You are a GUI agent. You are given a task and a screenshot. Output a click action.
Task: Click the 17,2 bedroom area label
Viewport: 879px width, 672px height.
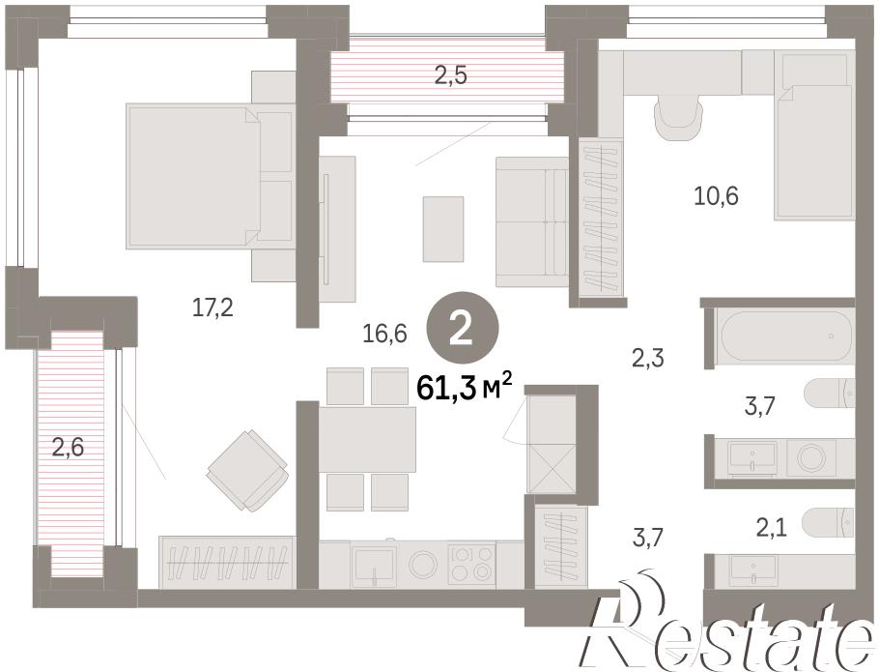click(x=213, y=307)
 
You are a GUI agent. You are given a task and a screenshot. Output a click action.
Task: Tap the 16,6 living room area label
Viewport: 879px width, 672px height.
click(x=384, y=334)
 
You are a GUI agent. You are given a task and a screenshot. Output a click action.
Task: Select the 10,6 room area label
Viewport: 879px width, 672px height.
click(x=716, y=195)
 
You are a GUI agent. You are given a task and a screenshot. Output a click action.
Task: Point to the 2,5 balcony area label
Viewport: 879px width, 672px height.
click(x=451, y=74)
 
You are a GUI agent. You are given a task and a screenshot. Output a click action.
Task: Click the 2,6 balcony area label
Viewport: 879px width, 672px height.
click(x=68, y=448)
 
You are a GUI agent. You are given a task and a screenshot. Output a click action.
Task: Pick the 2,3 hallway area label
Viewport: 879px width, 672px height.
click(x=648, y=358)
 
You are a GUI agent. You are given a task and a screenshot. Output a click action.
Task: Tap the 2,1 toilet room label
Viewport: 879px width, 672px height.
click(x=772, y=527)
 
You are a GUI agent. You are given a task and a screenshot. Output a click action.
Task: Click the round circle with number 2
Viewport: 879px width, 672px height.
click(x=463, y=333)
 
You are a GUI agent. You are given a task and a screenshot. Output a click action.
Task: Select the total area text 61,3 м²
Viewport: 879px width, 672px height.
click(x=465, y=387)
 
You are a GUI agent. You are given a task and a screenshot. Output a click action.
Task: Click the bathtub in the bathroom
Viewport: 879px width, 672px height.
click(x=787, y=337)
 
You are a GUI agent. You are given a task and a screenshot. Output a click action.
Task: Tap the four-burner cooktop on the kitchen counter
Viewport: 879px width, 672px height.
click(x=471, y=564)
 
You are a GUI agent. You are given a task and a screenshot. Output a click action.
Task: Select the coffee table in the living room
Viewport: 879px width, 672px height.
click(x=443, y=229)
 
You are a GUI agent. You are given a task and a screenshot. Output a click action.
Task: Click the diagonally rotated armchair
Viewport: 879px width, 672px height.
click(x=247, y=470)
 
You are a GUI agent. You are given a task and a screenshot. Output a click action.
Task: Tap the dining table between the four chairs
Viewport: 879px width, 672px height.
click(x=367, y=439)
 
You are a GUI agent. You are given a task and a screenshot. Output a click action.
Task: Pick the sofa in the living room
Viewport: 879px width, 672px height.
click(x=532, y=221)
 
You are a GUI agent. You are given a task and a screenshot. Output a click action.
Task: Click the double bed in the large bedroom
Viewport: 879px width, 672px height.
click(x=211, y=176)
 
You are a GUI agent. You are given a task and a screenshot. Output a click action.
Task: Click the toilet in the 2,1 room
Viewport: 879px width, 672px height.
click(x=829, y=523)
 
